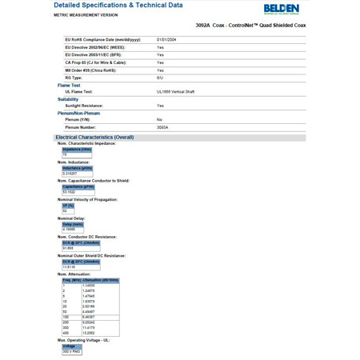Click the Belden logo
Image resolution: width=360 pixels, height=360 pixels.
click(282, 9)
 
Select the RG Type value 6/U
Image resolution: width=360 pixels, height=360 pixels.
click(160, 77)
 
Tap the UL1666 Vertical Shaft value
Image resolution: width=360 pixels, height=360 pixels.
click(175, 91)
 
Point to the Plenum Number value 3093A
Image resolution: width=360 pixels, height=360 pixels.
click(162, 126)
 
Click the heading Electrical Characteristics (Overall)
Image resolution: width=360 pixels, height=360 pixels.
click(94, 137)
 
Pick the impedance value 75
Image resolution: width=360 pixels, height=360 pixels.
click(65, 154)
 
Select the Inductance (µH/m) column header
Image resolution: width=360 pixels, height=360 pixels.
click(78, 167)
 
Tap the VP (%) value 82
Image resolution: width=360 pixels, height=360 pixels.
click(66, 210)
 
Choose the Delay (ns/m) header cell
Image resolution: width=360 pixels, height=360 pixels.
click(73, 224)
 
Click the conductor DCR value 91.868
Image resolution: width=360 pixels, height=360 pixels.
click(68, 248)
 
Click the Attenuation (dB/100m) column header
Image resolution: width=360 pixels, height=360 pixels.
click(102, 280)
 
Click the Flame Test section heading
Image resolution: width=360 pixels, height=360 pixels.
click(69, 84)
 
